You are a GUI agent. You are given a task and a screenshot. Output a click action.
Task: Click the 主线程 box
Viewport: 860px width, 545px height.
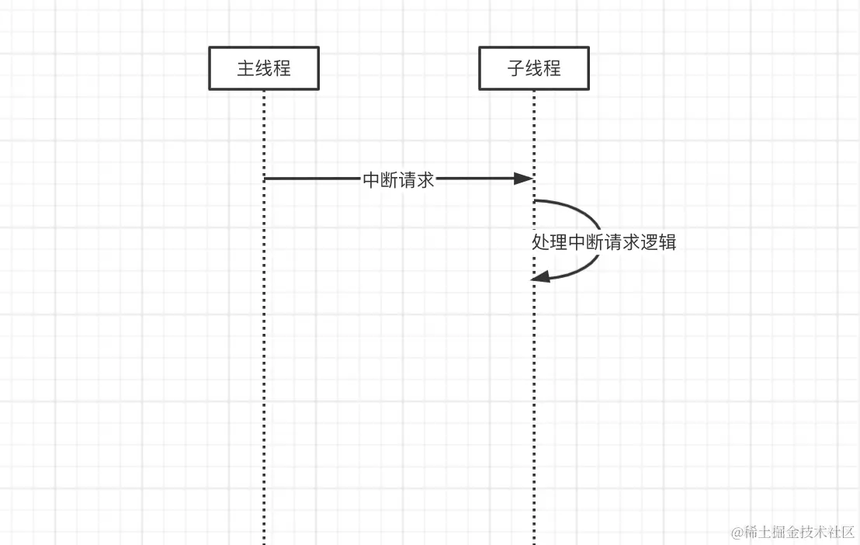pos(264,68)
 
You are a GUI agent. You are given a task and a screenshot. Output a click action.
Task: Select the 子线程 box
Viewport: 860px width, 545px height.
pos(534,68)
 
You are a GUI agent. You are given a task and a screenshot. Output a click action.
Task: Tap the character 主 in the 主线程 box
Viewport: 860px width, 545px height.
pos(246,68)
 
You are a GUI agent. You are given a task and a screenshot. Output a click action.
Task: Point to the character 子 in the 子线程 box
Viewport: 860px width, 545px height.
pos(516,68)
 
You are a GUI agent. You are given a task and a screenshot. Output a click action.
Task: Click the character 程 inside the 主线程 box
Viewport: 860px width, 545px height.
pos(282,68)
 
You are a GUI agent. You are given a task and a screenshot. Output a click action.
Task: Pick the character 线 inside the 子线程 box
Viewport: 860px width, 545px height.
pos(534,68)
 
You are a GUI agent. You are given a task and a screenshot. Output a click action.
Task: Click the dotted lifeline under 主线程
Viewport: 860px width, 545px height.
pos(264,349)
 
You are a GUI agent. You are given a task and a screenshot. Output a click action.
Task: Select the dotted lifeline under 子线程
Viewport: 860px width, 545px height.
pos(534,388)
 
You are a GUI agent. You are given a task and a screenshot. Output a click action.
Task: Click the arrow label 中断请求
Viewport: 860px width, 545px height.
pos(399,180)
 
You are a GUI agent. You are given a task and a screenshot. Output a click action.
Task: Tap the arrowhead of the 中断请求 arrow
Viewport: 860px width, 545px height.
pos(525,179)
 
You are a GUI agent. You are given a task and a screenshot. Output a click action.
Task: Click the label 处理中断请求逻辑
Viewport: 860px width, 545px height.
pos(604,242)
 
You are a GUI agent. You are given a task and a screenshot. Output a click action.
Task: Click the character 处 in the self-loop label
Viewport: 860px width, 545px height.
pos(541,242)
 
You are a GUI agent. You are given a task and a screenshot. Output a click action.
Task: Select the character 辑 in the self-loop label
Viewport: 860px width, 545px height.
pos(668,242)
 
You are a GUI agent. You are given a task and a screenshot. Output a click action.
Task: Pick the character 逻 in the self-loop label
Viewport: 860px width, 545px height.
pos(650,242)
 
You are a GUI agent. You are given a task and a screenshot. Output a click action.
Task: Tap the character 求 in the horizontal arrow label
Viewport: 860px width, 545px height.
pos(425,180)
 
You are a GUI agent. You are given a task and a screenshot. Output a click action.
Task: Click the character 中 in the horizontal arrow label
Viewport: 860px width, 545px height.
pos(372,180)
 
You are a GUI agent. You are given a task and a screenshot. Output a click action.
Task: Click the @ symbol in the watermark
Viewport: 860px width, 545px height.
pos(737,533)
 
